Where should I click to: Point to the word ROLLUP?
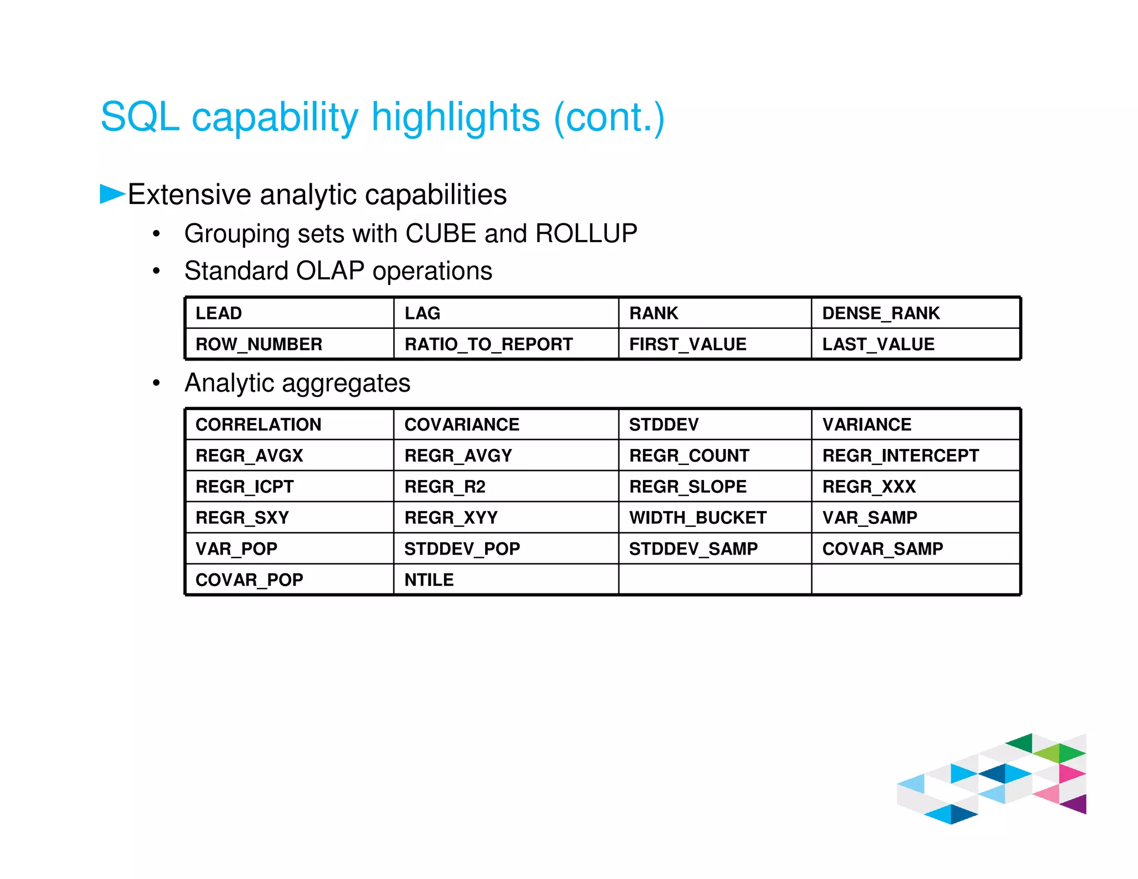tap(586, 233)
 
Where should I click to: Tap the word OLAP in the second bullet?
tap(330, 271)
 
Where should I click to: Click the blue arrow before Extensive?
tap(112, 194)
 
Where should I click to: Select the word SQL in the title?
tap(140, 117)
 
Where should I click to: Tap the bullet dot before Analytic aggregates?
tap(157, 383)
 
